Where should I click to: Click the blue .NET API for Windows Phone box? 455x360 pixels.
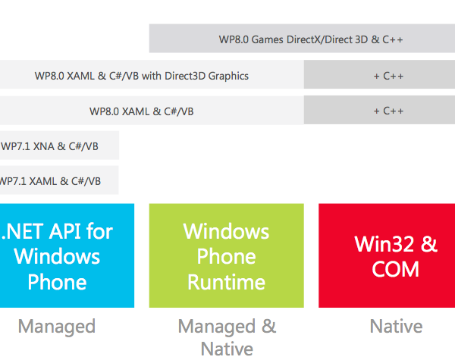(x=67, y=255)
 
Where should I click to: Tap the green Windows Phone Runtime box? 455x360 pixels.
(x=226, y=255)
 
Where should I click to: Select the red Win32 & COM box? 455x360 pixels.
(x=386, y=255)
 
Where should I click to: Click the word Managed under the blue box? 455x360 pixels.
(x=57, y=327)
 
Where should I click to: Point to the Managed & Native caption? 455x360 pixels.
(x=226, y=337)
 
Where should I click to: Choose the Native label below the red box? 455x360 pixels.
(x=396, y=327)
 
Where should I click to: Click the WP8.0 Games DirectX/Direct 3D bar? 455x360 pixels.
(x=302, y=39)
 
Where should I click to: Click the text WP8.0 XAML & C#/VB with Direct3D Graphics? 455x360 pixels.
(x=142, y=76)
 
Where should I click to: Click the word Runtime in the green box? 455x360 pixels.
(x=226, y=283)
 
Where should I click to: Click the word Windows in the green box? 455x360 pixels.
(x=226, y=230)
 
